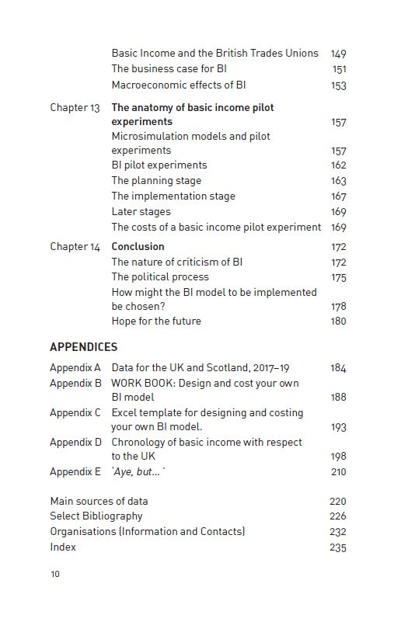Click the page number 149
[338, 54]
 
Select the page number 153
[338, 85]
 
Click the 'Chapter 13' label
[75, 108]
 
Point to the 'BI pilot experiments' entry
[159, 165]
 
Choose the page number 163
[338, 181]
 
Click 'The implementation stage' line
[173, 196]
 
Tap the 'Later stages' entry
[141, 212]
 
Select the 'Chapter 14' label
[75, 247]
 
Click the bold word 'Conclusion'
[138, 247]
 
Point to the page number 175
[338, 277]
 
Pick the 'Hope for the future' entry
[155, 321]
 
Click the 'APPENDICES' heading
[83, 347]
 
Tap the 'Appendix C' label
[75, 413]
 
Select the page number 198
[338, 457]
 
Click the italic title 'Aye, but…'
[138, 472]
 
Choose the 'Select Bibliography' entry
[96, 516]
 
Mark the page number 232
[338, 532]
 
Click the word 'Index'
[63, 547]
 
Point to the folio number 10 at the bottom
[54, 575]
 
